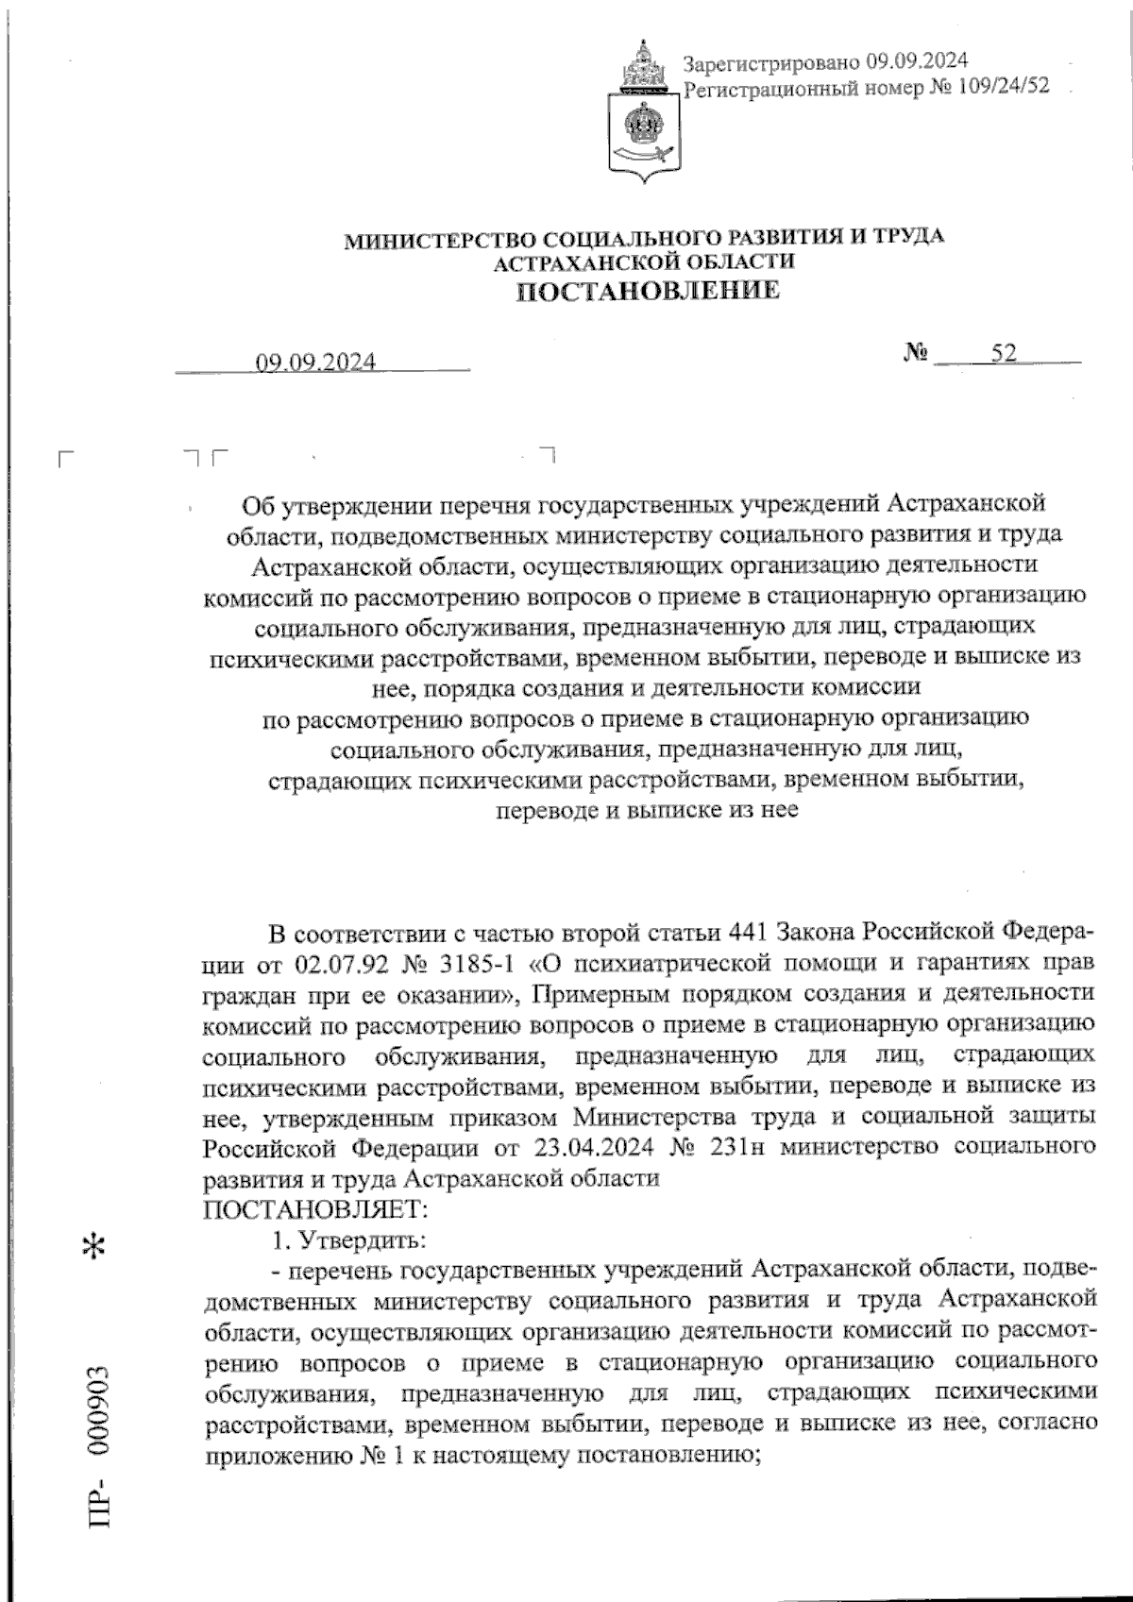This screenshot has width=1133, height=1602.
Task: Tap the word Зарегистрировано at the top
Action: click(772, 62)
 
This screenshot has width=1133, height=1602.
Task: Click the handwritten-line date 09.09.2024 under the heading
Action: click(315, 363)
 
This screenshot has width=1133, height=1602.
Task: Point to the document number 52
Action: click(1004, 354)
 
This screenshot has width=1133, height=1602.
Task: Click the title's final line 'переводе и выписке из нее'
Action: click(648, 810)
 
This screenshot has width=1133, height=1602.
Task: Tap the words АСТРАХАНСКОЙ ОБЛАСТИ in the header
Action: click(645, 262)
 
